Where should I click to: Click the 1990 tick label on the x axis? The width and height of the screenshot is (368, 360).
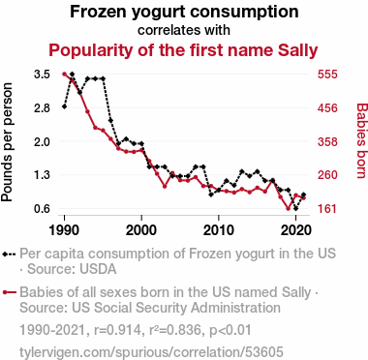tap(64, 230)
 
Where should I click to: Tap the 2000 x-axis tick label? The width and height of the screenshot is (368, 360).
tap(141, 230)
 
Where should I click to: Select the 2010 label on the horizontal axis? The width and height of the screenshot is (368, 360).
tap(219, 230)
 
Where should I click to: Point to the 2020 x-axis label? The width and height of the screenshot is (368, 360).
tap(295, 230)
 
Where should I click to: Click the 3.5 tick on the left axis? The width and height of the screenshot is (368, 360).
tap(42, 75)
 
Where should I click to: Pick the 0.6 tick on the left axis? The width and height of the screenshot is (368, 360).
tap(42, 209)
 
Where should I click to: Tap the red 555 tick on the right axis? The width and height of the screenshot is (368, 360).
tap(327, 75)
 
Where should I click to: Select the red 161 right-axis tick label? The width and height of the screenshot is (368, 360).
tap(327, 209)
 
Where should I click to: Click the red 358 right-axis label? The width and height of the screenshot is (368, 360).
tap(327, 141)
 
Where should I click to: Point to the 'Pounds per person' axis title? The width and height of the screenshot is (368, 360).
tap(7, 142)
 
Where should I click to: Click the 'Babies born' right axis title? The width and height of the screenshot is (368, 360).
tap(361, 140)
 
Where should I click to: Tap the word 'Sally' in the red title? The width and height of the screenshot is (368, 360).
tap(298, 50)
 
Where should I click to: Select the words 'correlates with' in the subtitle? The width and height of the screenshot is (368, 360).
tap(184, 30)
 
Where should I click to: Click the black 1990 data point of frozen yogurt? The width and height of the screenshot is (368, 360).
tap(64, 106)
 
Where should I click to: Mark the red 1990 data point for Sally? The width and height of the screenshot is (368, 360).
tap(64, 75)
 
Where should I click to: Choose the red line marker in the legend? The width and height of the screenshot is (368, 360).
tap(9, 292)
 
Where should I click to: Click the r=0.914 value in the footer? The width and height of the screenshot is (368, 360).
tap(117, 330)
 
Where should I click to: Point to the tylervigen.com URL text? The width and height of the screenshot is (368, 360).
tap(151, 352)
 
